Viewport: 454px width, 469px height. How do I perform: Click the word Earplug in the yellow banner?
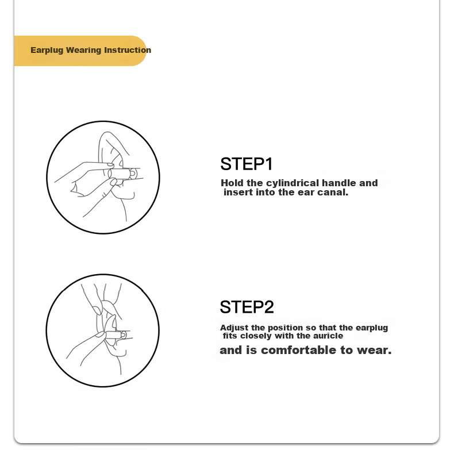point(47,50)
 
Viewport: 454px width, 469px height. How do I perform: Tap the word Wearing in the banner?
point(83,50)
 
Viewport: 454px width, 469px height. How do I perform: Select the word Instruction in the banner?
point(128,50)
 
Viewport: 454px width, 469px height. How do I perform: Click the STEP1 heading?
point(247,164)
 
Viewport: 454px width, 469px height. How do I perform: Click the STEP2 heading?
point(247,307)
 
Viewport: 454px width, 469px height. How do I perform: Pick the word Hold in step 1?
point(232,183)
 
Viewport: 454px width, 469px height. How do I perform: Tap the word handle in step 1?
point(339,183)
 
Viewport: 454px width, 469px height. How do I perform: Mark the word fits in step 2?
point(230,336)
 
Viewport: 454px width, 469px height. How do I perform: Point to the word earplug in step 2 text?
point(372,328)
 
